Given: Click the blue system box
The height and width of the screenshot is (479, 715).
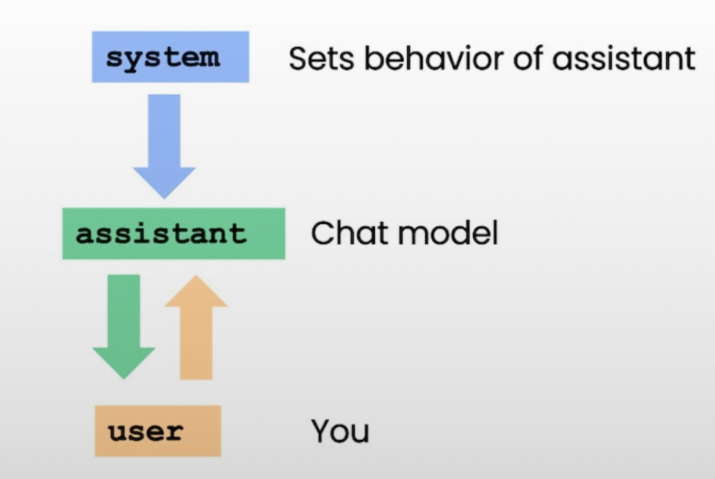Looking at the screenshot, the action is click(x=171, y=57).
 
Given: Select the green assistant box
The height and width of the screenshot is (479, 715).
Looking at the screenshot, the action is click(x=174, y=234).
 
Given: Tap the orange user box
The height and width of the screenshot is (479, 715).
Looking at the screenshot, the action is click(x=158, y=431).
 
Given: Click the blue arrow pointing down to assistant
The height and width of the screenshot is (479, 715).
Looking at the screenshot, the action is click(x=164, y=147).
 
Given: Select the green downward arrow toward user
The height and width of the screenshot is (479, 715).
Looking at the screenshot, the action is click(x=124, y=327).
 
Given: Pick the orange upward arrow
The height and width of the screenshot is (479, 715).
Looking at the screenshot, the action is click(x=196, y=328).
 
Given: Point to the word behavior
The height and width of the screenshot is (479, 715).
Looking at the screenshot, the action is click(x=434, y=58).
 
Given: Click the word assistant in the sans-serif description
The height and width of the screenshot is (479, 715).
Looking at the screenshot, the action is click(x=624, y=59).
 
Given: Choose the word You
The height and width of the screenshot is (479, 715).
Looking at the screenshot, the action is click(x=340, y=431).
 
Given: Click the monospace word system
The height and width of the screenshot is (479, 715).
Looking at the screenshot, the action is click(x=163, y=60).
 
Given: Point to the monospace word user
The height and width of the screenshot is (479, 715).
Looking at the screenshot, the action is click(x=146, y=432).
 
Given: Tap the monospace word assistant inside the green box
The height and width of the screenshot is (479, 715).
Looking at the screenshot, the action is click(x=161, y=234).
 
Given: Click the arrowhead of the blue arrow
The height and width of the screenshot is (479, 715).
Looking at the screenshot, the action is click(x=164, y=183).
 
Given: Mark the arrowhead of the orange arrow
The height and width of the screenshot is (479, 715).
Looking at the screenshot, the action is click(x=196, y=291).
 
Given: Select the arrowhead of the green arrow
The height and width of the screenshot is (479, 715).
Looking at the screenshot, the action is click(x=124, y=363).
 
